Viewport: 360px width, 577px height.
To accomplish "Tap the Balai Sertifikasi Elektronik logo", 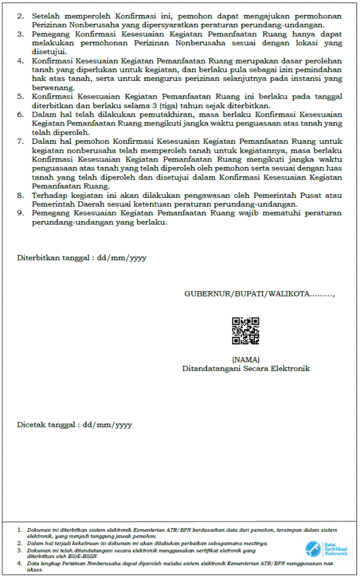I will tap(326, 548).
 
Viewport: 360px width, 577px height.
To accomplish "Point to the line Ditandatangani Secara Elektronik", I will tap(246, 368).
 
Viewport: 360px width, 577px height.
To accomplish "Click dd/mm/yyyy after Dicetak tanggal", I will tap(107, 425).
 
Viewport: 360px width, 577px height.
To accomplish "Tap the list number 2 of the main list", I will tap(20, 16).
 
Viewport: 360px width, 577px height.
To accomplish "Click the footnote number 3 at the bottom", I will tap(20, 550).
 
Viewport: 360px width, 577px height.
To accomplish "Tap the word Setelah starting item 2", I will tap(47, 16).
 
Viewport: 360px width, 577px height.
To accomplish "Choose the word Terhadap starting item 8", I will tap(51, 195).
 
